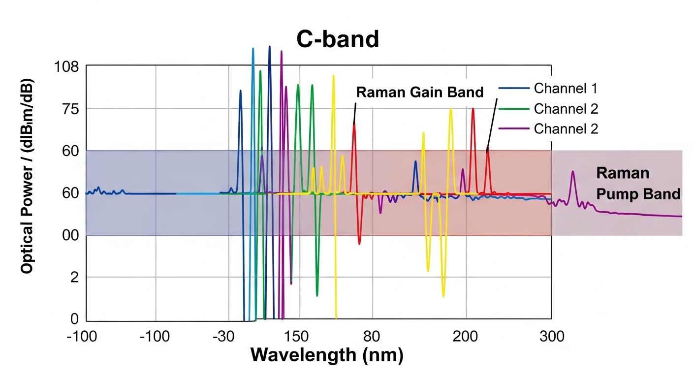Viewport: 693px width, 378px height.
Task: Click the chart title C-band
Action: pos(338,40)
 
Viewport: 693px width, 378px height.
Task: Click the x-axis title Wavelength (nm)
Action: pos(327,354)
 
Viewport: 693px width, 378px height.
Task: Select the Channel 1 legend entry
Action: pos(566,89)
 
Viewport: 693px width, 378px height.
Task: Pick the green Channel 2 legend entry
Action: pos(566,109)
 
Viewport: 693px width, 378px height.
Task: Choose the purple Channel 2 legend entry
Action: pos(566,129)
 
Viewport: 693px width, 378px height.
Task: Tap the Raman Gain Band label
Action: pos(420,92)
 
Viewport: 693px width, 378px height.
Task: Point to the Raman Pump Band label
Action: pos(638,183)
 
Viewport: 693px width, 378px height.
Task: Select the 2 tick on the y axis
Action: pos(75,278)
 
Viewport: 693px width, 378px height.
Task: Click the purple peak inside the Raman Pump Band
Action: pos(573,172)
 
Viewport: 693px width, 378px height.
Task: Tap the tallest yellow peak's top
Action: pos(333,76)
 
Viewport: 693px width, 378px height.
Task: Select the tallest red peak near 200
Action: pos(473,109)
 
